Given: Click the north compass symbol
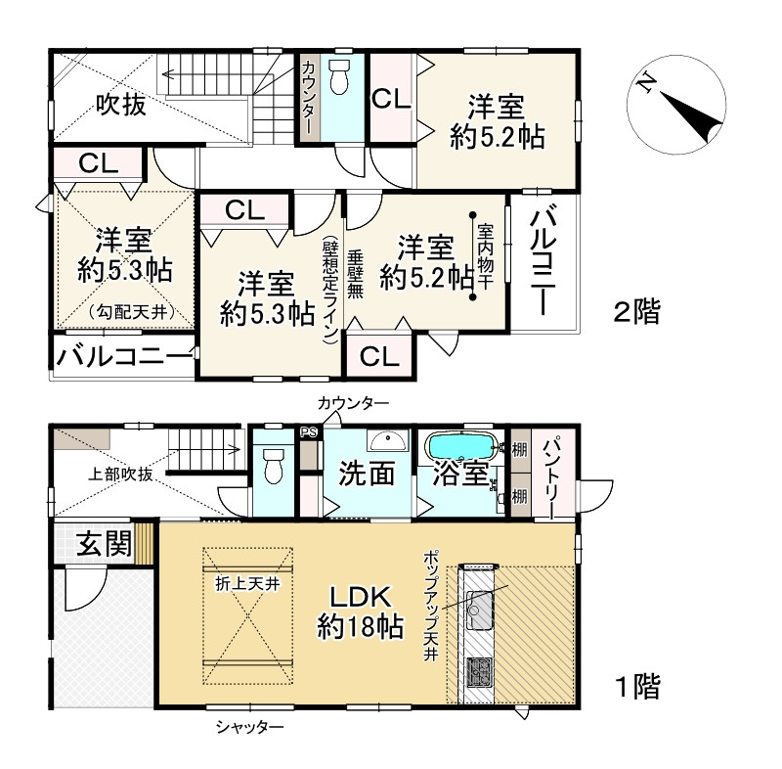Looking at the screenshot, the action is pos(676,105).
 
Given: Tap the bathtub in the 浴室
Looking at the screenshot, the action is pos(461,445).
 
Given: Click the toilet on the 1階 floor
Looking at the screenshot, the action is pos(273,465).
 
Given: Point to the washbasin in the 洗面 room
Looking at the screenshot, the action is pos(388,440).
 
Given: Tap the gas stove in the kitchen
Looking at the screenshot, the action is pos(479,672).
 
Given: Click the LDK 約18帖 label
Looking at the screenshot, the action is pos(360,612).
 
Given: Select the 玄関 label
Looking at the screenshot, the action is pos(104,543).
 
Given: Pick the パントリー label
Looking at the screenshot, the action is pos(553,477).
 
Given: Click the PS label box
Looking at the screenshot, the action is pos(309,432).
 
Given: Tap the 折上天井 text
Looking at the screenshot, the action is pos(247,583).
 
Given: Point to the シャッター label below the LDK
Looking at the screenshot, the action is pos(250,727).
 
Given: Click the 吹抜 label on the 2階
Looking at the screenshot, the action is pos(121,105).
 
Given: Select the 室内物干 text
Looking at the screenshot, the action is pos(485,256).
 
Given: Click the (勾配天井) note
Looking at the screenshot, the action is pos(132,313).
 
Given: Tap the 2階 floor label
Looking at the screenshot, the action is pos(636,312).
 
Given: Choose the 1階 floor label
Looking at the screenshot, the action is pos(638,686).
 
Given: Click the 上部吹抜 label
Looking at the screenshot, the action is pos(120,475).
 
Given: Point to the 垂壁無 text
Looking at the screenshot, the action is pos(355,274).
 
